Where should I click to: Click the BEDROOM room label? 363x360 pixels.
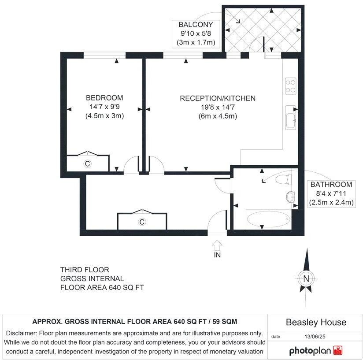pos(104,98)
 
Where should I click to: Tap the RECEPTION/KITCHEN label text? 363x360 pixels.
pos(218,98)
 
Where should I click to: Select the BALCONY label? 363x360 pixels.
pos(196,24)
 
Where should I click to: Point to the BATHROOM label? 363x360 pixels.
pos(331,185)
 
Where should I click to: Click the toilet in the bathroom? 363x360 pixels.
pos(284,180)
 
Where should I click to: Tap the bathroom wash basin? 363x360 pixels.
pos(291,197)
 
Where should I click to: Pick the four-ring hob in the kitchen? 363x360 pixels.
pos(291,86)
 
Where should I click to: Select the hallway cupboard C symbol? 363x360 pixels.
pos(142,222)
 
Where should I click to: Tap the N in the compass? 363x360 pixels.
pos(305,278)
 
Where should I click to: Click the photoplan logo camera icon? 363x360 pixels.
pos(337,351)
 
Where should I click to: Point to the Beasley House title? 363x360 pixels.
pos(316,323)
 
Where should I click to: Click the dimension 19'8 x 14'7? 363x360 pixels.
pos(218,107)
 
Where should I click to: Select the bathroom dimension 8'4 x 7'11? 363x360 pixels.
pos(331,193)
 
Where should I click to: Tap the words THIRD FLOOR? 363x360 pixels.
pos(85,270)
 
